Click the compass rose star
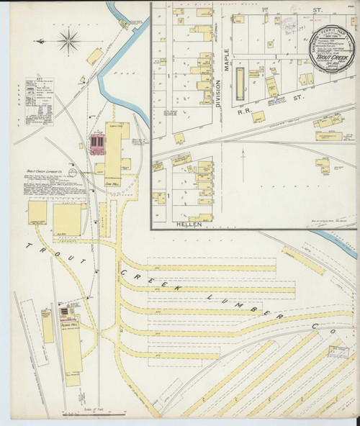69,41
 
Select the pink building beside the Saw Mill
96,145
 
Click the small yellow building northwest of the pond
94,55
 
